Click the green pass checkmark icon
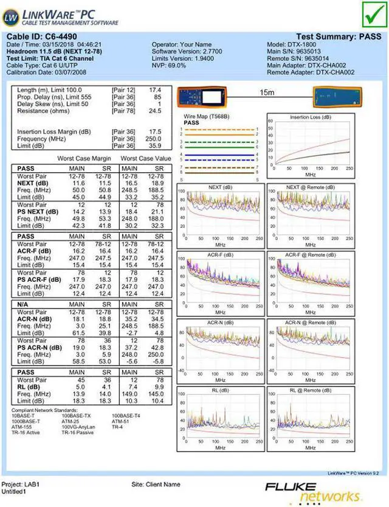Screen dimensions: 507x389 click(x=372, y=14)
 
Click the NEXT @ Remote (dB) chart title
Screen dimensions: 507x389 click(x=310, y=187)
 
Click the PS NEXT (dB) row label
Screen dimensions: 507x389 click(x=38, y=212)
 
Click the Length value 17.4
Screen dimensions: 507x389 click(x=155, y=90)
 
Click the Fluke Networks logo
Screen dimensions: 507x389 click(x=322, y=491)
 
